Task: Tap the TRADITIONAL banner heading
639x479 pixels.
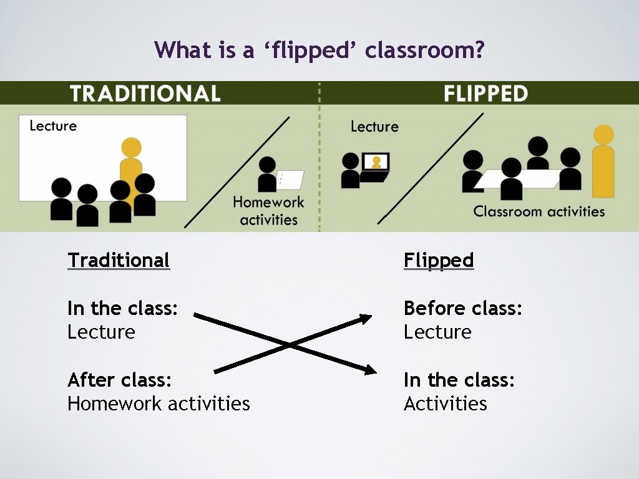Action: pos(145,94)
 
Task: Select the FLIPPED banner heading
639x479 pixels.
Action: pos(485,94)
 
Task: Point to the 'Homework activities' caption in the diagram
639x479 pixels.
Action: pos(268,211)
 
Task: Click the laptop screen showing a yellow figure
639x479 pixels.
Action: pos(376,162)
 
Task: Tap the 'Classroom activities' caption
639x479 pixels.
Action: pos(539,211)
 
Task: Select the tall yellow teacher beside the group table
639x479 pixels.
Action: pos(603,162)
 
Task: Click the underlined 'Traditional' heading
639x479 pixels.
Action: pos(119,260)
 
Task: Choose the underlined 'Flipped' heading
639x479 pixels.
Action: pos(439,260)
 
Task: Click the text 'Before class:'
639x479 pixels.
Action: pos(462,308)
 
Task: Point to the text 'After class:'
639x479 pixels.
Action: pos(120,380)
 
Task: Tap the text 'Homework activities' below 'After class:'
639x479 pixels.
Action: pos(159,404)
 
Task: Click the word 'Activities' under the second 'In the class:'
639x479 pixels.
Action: pos(445,404)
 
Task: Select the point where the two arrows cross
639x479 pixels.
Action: pos(288,344)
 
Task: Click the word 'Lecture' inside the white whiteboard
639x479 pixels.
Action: pos(53,126)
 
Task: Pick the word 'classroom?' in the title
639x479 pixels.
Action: pos(425,50)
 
